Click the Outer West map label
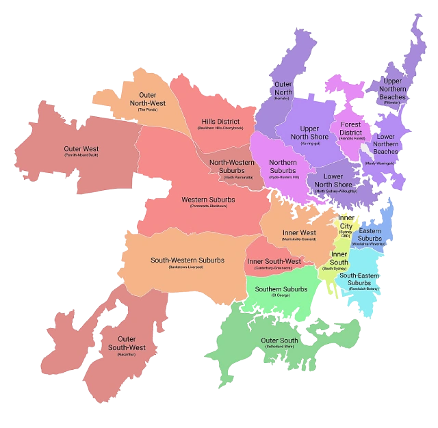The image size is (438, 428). click(x=81, y=149)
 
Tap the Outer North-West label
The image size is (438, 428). click(x=147, y=99)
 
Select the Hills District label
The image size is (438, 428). click(x=220, y=122)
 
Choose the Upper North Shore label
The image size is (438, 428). click(x=309, y=133)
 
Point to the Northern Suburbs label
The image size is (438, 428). click(x=282, y=168)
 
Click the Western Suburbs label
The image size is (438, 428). click(x=208, y=200)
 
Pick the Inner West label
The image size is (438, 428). click(x=299, y=233)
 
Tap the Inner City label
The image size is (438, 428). click(x=346, y=222)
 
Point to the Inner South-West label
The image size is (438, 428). click(x=274, y=262)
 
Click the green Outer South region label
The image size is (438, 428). click(x=279, y=340)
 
